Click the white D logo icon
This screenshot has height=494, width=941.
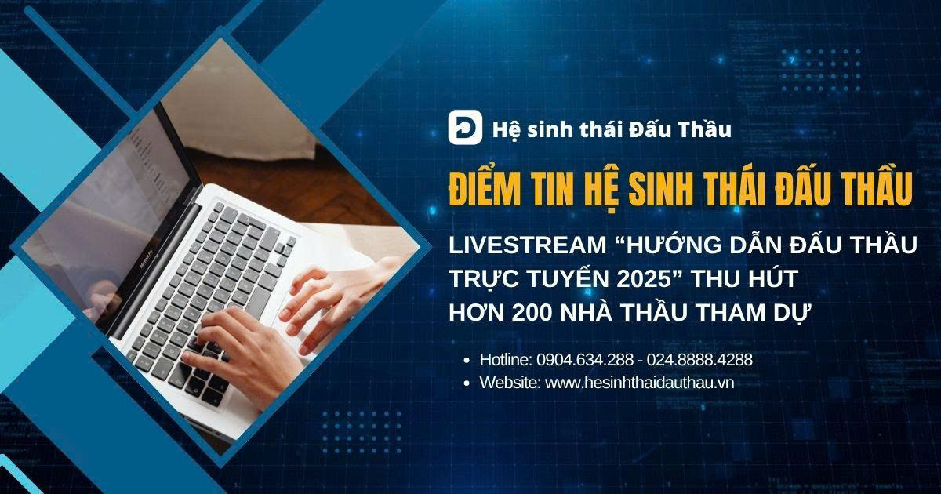click(x=464, y=127)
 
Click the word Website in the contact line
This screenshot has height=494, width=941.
click(x=510, y=383)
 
